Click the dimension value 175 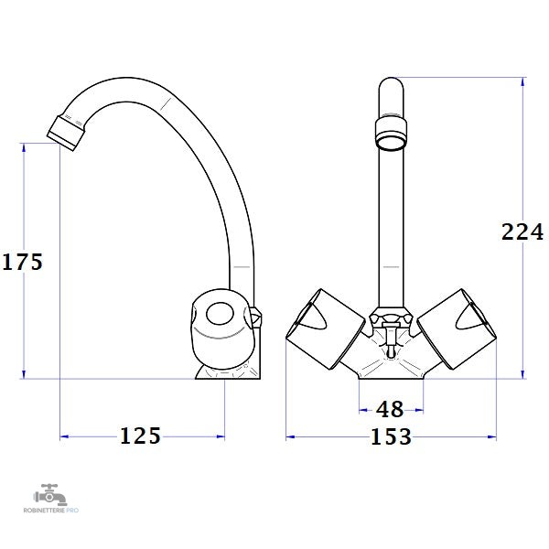coord(22,262)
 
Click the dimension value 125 coord(140,436)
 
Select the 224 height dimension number coord(522,231)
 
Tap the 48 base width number coord(390,409)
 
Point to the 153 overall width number coord(391,436)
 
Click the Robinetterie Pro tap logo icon coord(49,494)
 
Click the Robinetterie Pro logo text coord(51,511)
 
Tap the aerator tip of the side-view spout coord(66,134)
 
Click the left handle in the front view coord(326,328)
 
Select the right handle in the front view coord(457,328)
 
